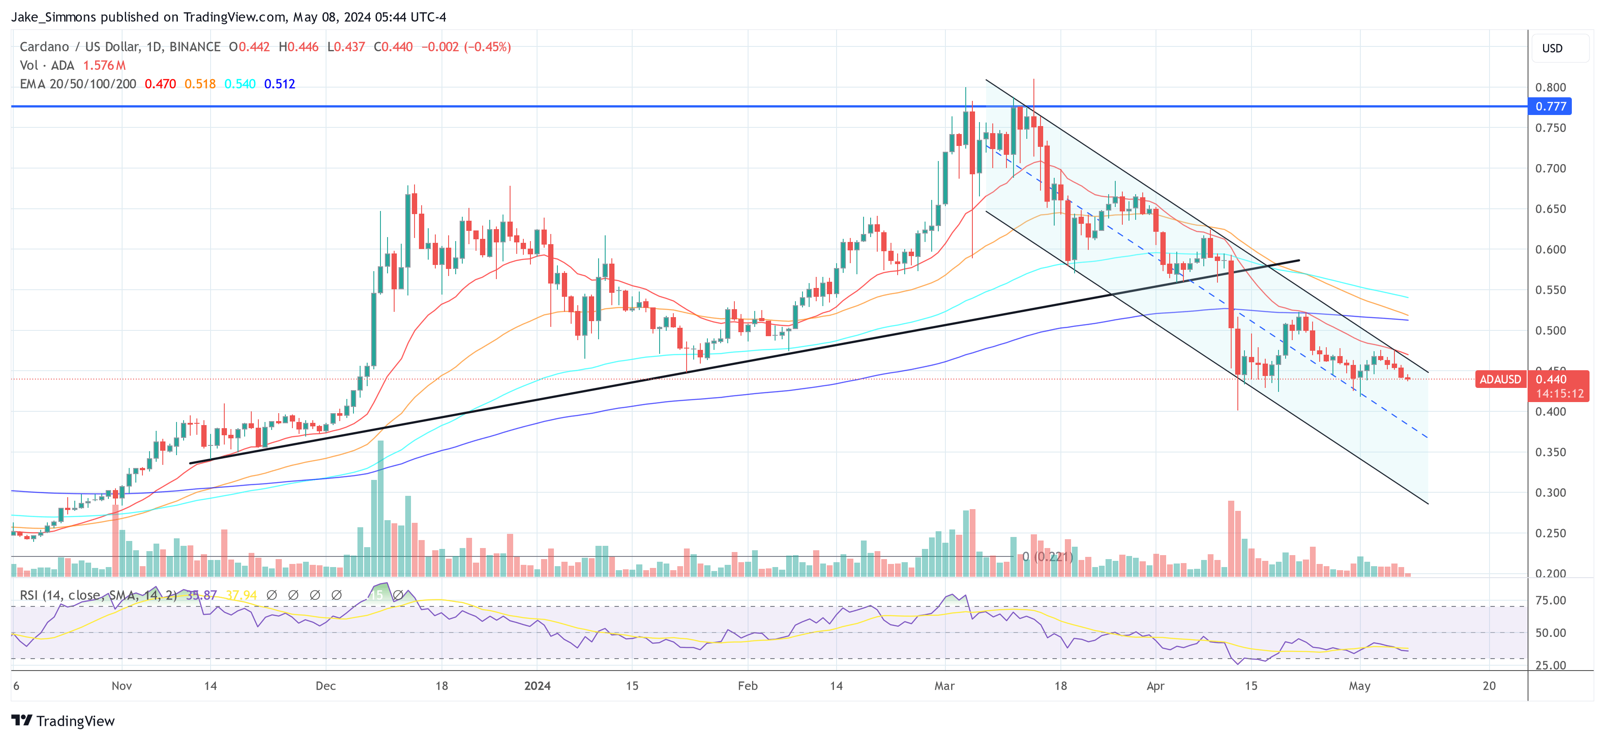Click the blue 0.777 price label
click(1550, 107)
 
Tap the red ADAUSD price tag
click(1500, 380)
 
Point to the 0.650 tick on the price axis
click(1550, 209)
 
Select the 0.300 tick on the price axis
click(1550, 493)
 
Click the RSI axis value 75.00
click(1550, 601)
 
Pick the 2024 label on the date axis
click(537, 686)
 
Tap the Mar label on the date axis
click(944, 686)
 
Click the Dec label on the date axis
click(325, 686)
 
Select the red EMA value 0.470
click(160, 84)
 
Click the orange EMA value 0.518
click(200, 84)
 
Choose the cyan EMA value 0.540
click(240, 84)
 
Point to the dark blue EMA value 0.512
click(279, 84)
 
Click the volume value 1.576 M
click(104, 65)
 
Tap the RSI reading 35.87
click(201, 595)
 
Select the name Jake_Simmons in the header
click(54, 17)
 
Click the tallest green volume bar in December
click(380, 508)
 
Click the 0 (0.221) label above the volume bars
click(1047, 556)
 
